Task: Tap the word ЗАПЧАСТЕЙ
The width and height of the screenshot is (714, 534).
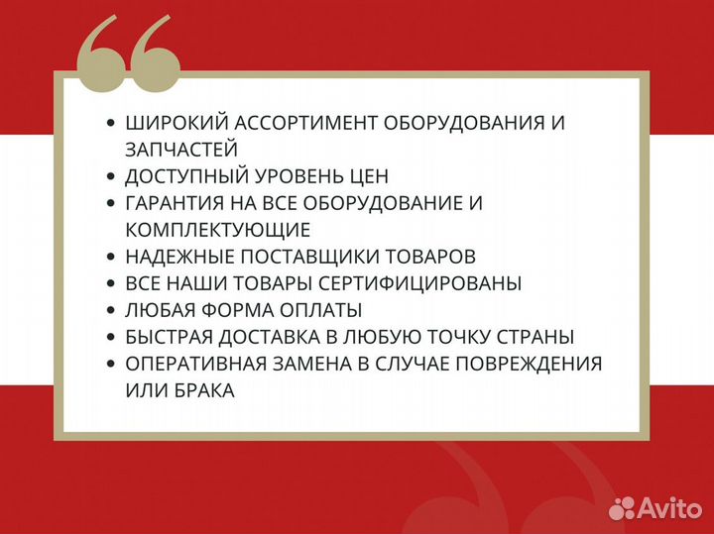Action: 181,150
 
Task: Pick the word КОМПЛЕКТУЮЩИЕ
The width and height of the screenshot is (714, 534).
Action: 218,230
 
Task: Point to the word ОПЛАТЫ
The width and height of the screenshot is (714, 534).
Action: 319,310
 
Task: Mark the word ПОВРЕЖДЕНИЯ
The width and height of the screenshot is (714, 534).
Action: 527,364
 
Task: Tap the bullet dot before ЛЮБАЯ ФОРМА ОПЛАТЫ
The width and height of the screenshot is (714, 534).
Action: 111,310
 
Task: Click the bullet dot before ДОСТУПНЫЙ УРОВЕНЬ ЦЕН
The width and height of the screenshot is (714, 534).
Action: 111,176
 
